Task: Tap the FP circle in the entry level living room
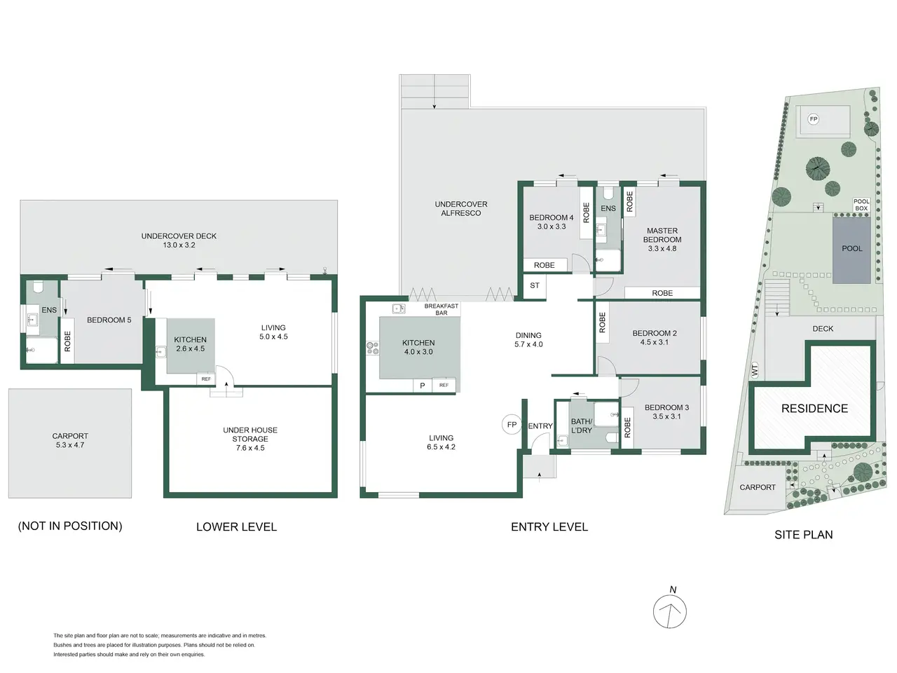(512, 425)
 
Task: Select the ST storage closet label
(535, 285)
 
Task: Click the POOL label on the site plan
(852, 248)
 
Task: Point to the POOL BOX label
(861, 205)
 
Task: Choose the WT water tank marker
(755, 370)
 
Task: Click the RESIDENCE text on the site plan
(814, 408)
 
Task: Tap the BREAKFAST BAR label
(441, 309)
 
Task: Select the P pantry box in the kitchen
(422, 386)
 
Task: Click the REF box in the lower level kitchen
(206, 379)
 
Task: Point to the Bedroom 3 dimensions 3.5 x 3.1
(666, 416)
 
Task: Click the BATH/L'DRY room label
(581, 426)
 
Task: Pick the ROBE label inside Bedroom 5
(67, 341)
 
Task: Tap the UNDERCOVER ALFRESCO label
(461, 208)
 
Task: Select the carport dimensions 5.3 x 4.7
(70, 445)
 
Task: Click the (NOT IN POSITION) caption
(70, 526)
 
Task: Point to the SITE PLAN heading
(803, 534)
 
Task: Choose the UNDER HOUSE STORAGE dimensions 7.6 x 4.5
(250, 448)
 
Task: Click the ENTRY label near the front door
(540, 426)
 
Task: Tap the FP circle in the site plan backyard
(813, 119)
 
